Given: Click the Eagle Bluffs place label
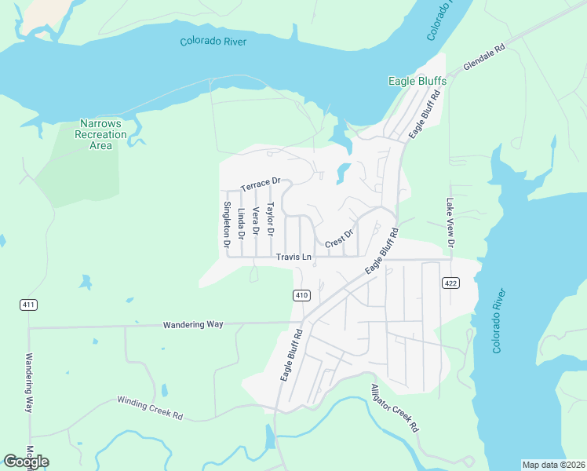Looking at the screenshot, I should (417, 81).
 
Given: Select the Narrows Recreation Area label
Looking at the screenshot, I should (100, 134).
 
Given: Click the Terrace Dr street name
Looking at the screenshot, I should (260, 184).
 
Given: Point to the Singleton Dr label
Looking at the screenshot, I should (227, 225).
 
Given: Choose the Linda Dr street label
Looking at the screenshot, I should (241, 223).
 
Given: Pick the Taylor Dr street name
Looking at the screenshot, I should (269, 220).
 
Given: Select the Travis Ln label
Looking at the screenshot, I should (293, 257).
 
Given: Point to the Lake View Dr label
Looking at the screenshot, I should (450, 222).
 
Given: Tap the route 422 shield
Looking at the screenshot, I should (450, 283).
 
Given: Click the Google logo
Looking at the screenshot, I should (26, 461).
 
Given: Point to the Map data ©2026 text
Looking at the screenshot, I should (553, 464).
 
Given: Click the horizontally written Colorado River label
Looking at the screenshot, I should (213, 42).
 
